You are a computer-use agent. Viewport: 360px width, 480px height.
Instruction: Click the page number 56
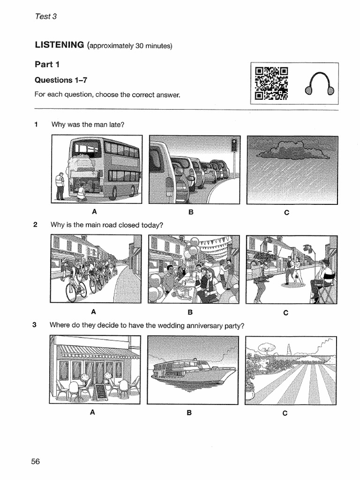[36, 462]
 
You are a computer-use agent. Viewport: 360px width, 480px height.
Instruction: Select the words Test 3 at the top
[45, 16]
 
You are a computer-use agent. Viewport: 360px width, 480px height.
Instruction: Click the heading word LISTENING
[59, 45]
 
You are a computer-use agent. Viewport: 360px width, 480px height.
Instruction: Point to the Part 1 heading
[47, 64]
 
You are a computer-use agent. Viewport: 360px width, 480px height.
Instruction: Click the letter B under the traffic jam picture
[191, 212]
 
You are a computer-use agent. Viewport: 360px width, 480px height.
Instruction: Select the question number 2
[36, 225]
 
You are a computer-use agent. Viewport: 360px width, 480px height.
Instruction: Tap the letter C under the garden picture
[285, 413]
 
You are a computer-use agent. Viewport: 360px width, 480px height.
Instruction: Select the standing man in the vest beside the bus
[60, 186]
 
